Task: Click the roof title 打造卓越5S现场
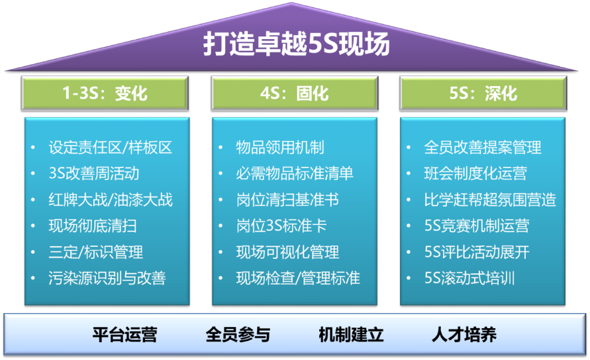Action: pyautogui.click(x=295, y=46)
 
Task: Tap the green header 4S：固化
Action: pyautogui.click(x=294, y=93)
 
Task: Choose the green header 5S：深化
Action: pyautogui.click(x=483, y=93)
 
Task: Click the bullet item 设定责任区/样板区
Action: pyautogui.click(x=110, y=148)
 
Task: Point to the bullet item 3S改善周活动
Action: pyautogui.click(x=94, y=174)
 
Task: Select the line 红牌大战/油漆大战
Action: pyautogui.click(x=110, y=200)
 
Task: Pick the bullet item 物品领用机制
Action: pyautogui.click(x=280, y=148)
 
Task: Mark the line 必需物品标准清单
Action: pyautogui.click(x=295, y=174)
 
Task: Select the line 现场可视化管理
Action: pyautogui.click(x=287, y=252)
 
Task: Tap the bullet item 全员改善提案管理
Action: pyautogui.click(x=483, y=148)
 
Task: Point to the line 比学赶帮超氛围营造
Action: pyautogui.click(x=490, y=200)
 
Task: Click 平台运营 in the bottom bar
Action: pyautogui.click(x=124, y=334)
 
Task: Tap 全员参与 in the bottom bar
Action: pyautogui.click(x=238, y=334)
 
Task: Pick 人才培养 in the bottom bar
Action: pyautogui.click(x=464, y=334)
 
